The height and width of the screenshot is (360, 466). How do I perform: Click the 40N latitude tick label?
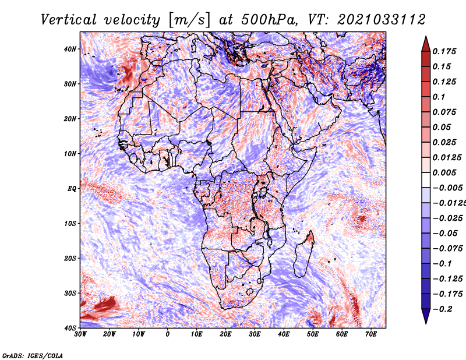pyautogui.click(x=70, y=49)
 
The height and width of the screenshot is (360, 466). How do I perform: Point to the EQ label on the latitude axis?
pyautogui.click(x=72, y=189)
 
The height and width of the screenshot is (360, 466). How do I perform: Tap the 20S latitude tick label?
pyautogui.click(x=70, y=258)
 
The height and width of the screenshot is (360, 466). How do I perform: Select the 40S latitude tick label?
pyautogui.click(x=70, y=328)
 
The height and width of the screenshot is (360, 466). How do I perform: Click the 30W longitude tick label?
pyautogui.click(x=81, y=334)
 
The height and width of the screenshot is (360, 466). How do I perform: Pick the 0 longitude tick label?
pyautogui.click(x=168, y=334)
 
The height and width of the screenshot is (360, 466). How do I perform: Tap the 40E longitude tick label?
pyautogui.click(x=284, y=334)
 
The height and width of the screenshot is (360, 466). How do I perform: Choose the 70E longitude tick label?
pyautogui.click(x=371, y=334)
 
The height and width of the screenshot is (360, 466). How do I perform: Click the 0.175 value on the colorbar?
pyautogui.click(x=444, y=51)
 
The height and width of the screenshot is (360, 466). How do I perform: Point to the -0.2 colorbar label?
pyautogui.click(x=442, y=309)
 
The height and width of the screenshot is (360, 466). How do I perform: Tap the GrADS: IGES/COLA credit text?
pyautogui.click(x=33, y=355)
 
